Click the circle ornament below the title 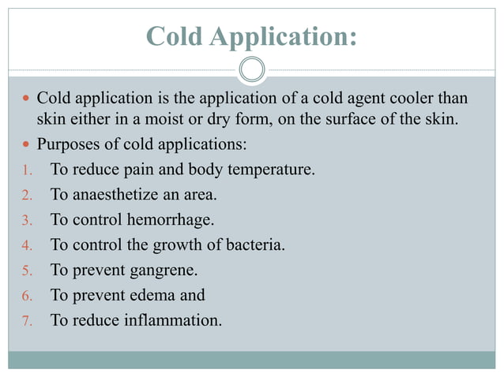[x=252, y=70]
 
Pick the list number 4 [x=24, y=245]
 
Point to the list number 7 [x=24, y=321]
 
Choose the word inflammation [x=171, y=320]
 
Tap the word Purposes [x=69, y=144]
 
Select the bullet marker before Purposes [x=26, y=144]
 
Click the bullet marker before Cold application [x=26, y=99]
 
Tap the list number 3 [x=24, y=220]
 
